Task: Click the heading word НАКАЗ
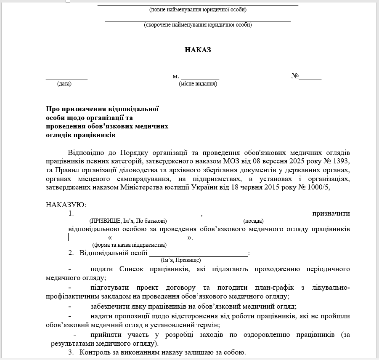198,50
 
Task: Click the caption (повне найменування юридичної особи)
198,10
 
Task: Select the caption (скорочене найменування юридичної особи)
198,25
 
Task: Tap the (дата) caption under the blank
64,84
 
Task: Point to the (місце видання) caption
198,84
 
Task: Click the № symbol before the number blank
295,76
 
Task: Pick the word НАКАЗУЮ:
66,205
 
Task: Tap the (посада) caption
253,221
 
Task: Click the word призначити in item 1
331,213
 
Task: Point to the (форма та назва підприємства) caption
130,245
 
